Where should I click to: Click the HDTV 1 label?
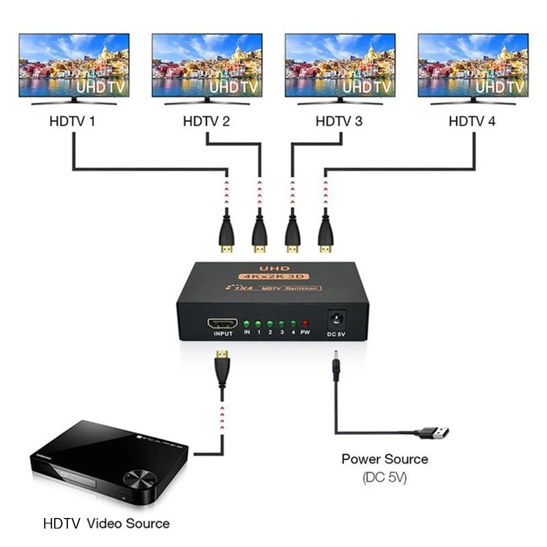72,121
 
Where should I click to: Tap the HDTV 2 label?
206,121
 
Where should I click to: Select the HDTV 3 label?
339,121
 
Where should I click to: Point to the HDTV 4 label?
472,121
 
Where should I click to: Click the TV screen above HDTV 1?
74,65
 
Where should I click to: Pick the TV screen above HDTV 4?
473,65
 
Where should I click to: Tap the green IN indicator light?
247,324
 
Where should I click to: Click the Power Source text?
385,458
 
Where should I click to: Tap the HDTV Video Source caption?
106,523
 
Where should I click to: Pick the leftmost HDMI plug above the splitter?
226,232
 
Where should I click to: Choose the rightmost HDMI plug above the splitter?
326,232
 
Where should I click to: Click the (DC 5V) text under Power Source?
385,477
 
